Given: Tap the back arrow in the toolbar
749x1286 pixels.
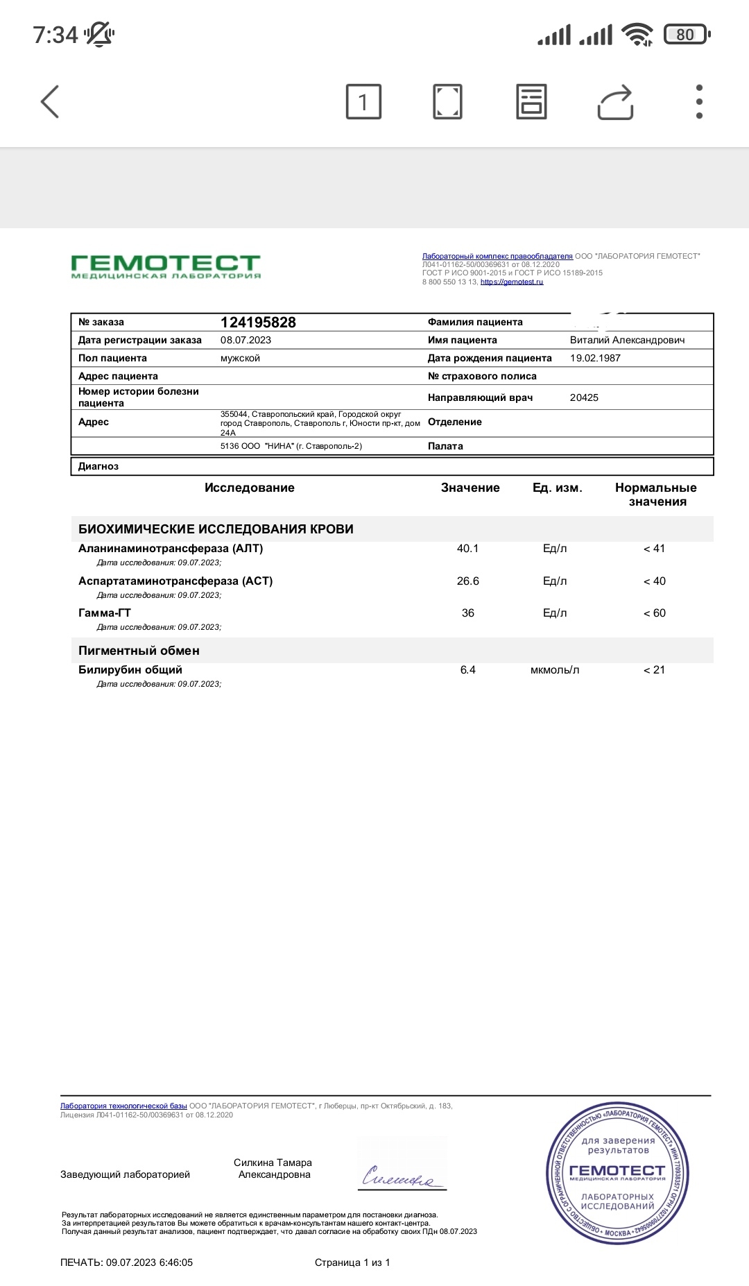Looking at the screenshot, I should click(x=50, y=102).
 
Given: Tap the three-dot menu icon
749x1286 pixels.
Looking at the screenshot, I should click(x=699, y=102).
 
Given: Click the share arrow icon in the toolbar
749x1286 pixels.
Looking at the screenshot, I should click(x=615, y=103).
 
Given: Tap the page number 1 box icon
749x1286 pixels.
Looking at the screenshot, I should click(x=363, y=102).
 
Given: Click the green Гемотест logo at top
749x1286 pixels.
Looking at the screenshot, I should click(x=166, y=266).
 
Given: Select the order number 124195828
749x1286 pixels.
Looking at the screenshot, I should click(x=258, y=323).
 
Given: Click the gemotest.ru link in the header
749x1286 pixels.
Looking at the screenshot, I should click(x=512, y=282).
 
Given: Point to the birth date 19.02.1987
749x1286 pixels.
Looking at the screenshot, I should click(x=595, y=358).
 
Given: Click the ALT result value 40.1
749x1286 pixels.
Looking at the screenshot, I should click(x=467, y=549).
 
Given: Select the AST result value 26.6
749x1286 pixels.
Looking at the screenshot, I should click(x=467, y=581).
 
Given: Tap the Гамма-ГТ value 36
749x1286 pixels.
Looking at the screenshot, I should click(x=468, y=613).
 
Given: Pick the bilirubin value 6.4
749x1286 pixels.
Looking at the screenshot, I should click(x=468, y=670).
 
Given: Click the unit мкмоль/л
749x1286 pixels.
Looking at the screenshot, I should click(x=555, y=670).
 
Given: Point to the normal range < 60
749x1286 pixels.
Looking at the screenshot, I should click(x=654, y=613).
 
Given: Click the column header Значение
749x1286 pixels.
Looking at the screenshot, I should click(x=470, y=488).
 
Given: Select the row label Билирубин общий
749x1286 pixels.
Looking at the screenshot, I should click(x=130, y=670).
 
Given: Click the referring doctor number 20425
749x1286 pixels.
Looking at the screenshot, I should click(x=584, y=397).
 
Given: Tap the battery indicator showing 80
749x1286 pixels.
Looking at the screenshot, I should click(x=686, y=35).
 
